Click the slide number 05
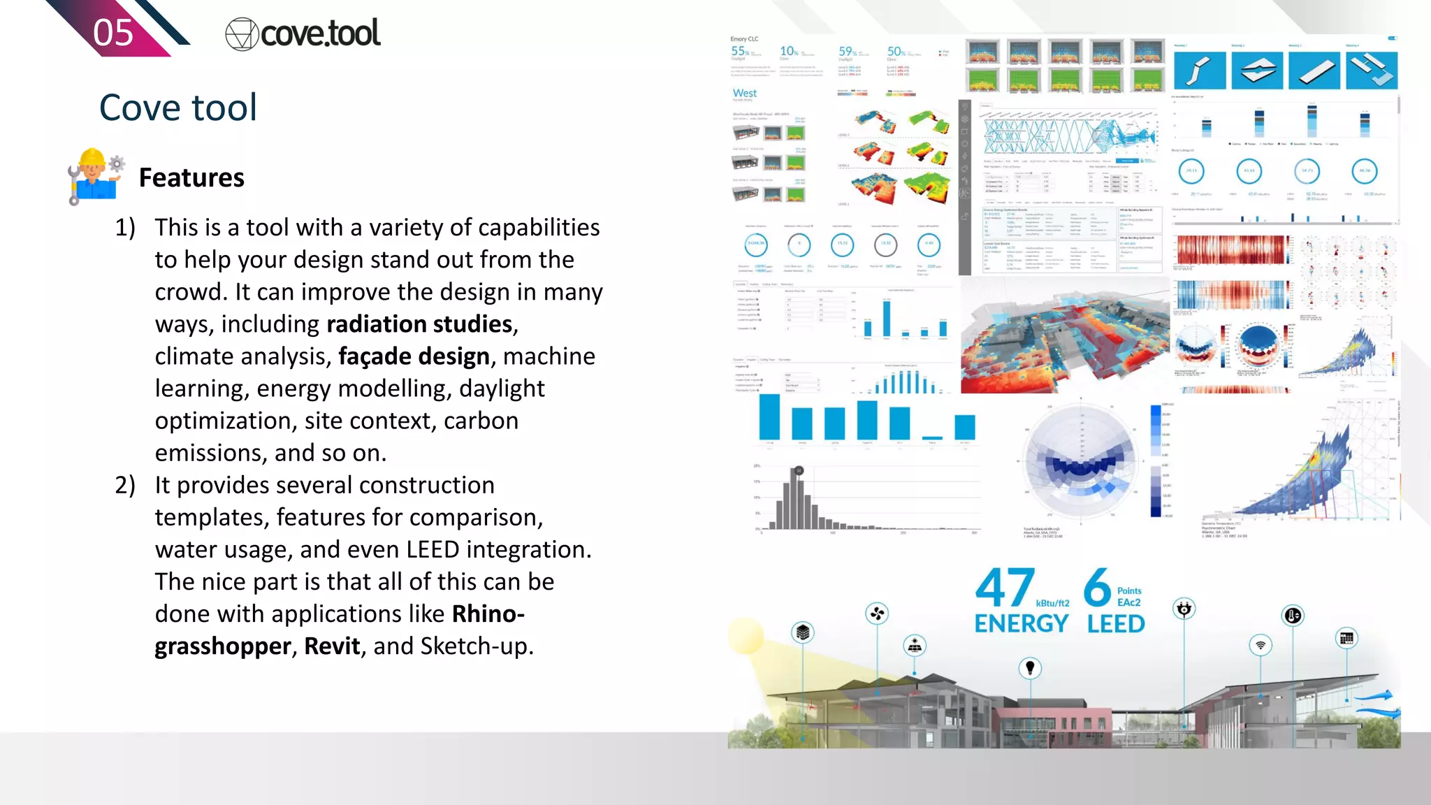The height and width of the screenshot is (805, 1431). (x=113, y=33)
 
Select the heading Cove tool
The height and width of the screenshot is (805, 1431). (x=178, y=108)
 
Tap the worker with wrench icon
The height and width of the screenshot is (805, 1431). (x=94, y=176)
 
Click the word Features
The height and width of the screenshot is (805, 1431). (x=191, y=177)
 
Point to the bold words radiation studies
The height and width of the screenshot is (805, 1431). (x=420, y=324)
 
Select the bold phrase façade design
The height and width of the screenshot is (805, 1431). (x=414, y=356)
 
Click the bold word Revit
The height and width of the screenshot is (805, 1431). (x=332, y=646)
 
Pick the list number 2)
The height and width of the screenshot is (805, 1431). (x=125, y=485)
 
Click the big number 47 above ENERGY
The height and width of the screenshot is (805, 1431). (x=1005, y=588)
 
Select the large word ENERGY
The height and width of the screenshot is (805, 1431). (x=1022, y=623)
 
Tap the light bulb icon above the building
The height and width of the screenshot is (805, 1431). (x=1030, y=668)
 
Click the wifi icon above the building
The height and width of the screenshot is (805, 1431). (x=1261, y=645)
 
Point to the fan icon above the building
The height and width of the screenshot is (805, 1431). (x=877, y=614)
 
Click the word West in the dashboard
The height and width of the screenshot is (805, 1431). (x=745, y=93)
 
